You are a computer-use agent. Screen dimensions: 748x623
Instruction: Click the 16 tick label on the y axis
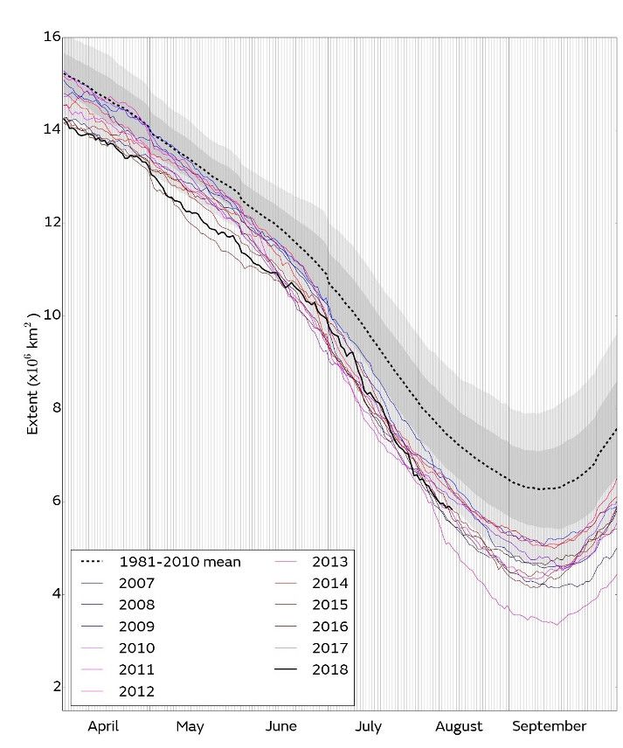coord(52,38)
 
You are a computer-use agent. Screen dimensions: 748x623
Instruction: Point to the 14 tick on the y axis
coord(52,129)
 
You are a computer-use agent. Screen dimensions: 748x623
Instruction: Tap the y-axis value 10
coord(52,315)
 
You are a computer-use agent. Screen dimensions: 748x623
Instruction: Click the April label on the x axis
coord(103,726)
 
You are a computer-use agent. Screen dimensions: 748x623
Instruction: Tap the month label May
coord(190,726)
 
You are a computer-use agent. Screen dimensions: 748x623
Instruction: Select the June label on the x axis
coord(280,726)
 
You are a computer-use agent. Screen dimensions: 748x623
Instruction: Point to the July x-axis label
coord(368,726)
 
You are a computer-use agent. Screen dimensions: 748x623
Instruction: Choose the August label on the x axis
coord(459,726)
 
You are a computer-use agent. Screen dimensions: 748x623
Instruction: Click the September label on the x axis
coord(549,726)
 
